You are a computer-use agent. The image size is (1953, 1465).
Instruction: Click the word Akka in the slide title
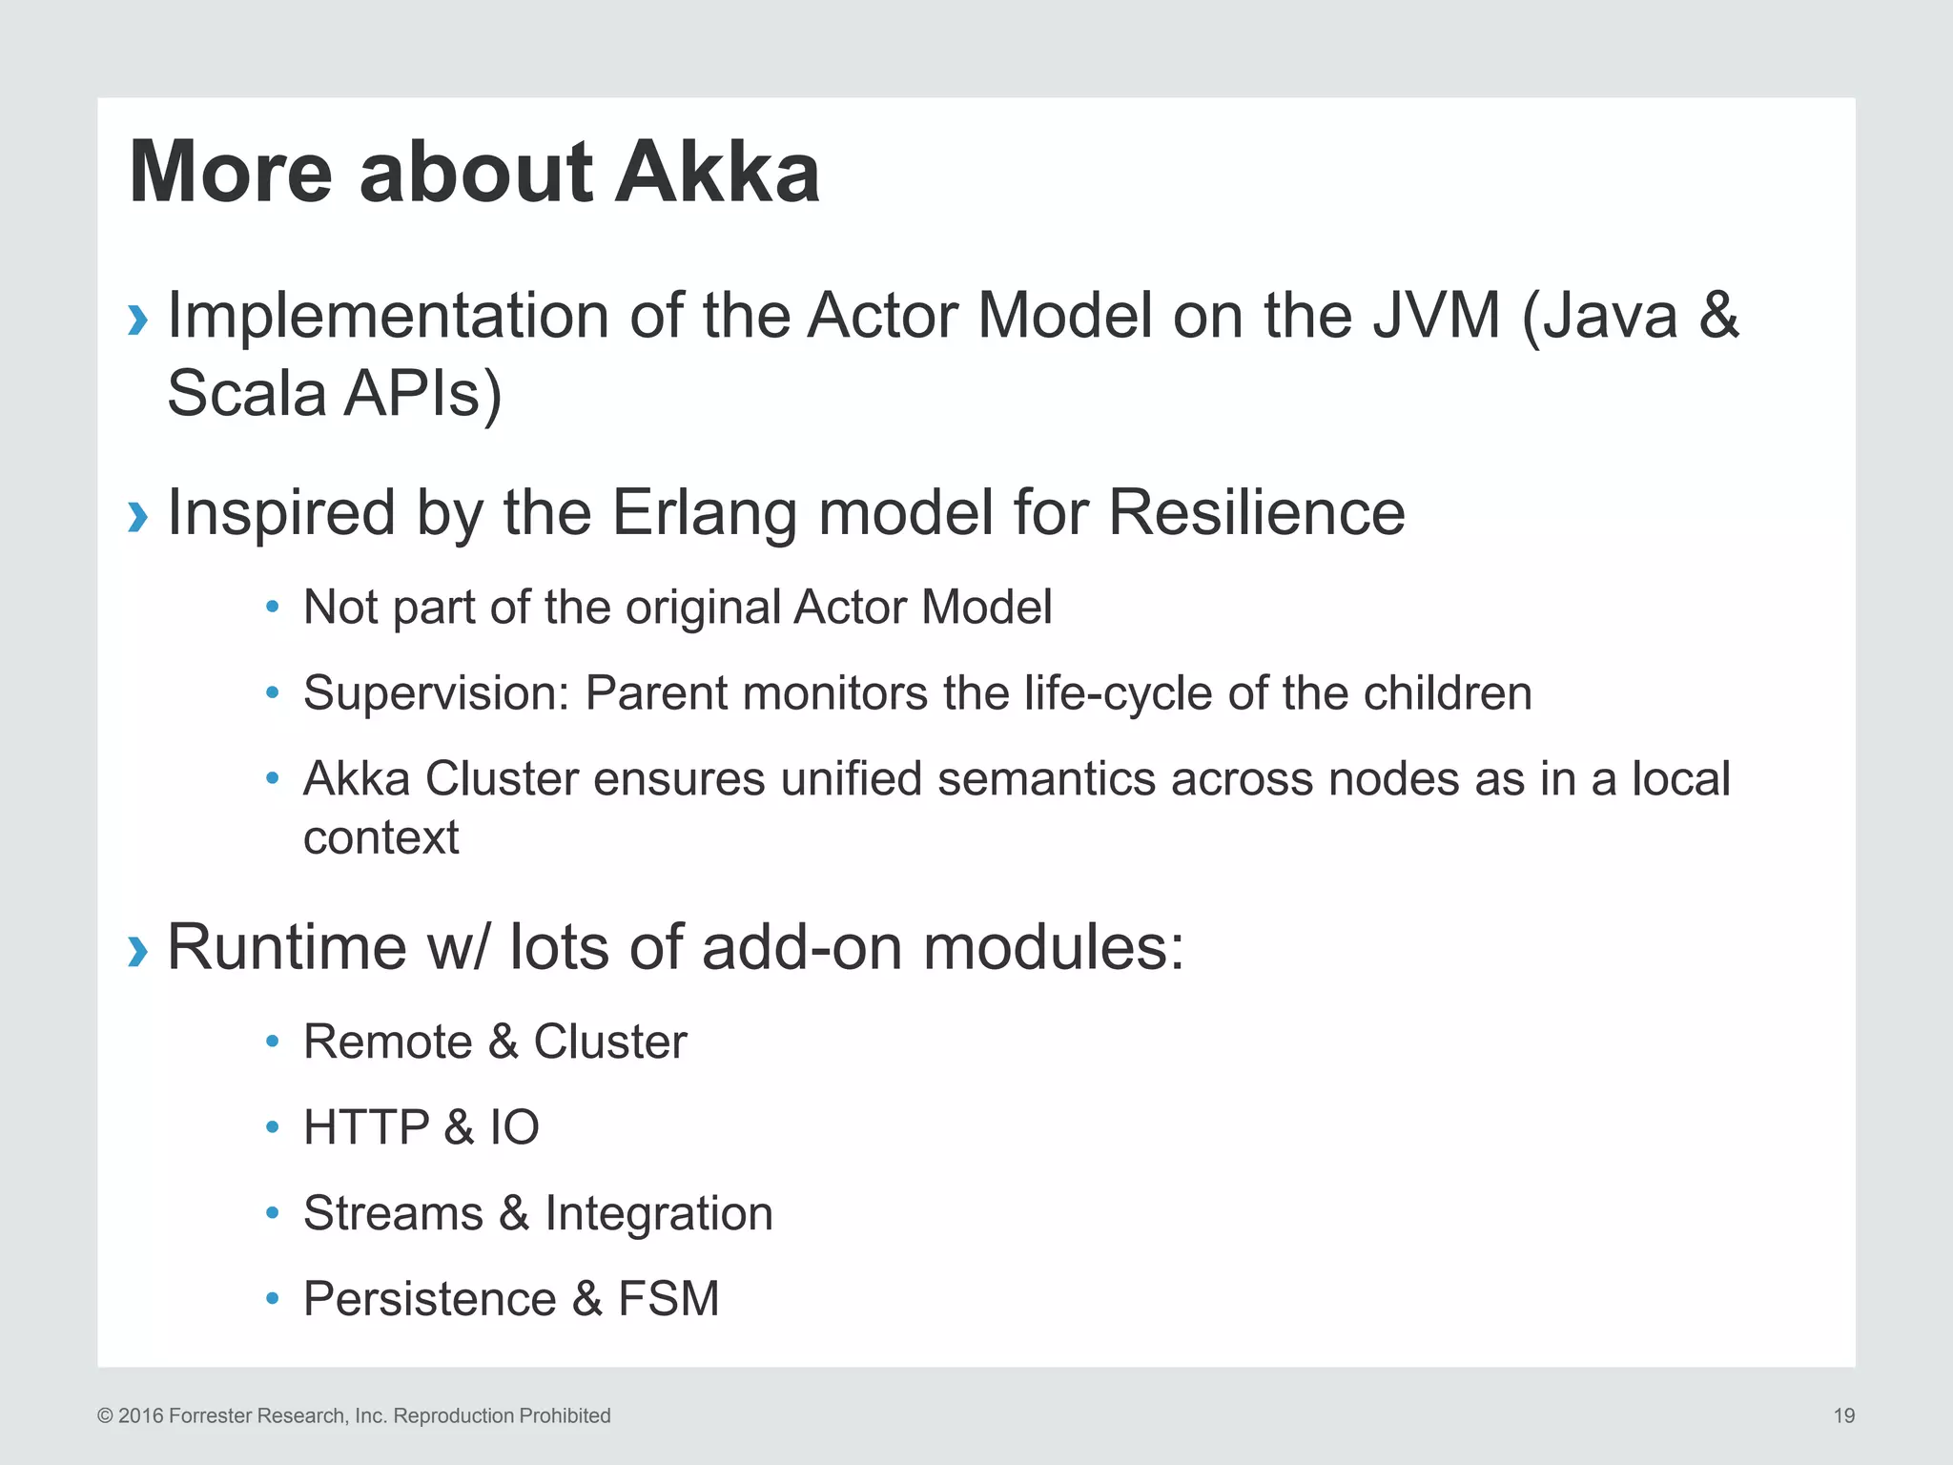(x=717, y=173)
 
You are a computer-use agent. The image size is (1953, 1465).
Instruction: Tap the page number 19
(x=1843, y=1415)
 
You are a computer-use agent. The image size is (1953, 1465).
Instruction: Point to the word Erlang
(x=704, y=513)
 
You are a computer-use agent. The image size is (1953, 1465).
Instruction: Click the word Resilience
(x=1256, y=513)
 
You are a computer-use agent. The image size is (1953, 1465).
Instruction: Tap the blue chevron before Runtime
(x=138, y=950)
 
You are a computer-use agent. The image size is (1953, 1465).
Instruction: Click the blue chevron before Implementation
(x=138, y=320)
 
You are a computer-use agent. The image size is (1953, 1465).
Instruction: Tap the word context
(x=380, y=837)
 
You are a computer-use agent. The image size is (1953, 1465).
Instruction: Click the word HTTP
(x=366, y=1127)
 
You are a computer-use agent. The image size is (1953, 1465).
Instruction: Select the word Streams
(x=393, y=1213)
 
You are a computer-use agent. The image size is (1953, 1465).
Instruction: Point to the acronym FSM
(x=668, y=1299)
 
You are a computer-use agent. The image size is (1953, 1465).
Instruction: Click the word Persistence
(x=429, y=1299)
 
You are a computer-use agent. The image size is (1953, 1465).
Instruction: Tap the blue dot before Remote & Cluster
(x=273, y=1042)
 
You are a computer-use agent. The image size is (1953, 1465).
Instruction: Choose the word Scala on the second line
(x=246, y=393)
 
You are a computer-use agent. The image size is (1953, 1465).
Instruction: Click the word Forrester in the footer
(x=206, y=1415)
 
